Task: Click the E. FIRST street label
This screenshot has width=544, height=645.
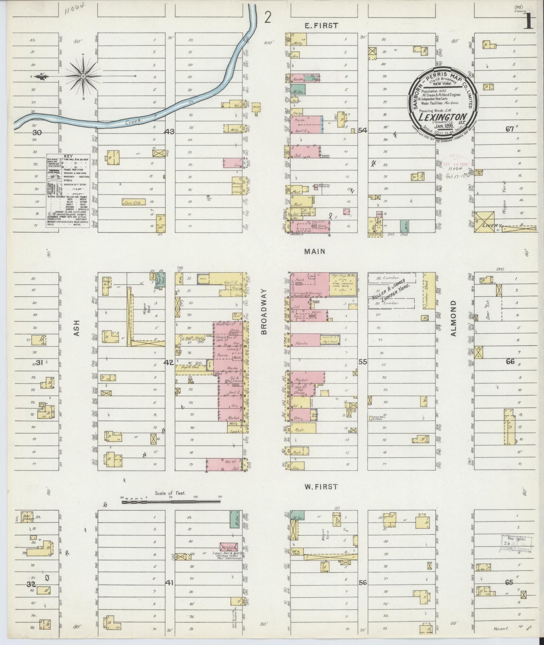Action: tap(321, 26)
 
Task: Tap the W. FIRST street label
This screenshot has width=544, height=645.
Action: tap(321, 487)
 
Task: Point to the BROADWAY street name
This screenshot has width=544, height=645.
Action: tap(264, 312)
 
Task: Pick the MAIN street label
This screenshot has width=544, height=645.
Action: tap(315, 251)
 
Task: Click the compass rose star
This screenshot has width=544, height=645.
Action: tap(83, 77)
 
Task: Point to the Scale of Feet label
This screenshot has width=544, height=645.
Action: tap(170, 493)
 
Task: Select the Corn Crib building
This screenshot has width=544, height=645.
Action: tap(134, 202)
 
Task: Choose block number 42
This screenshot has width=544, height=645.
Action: tap(169, 362)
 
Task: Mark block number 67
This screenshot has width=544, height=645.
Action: tap(509, 129)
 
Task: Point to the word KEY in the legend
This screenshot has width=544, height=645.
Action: tap(68, 156)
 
